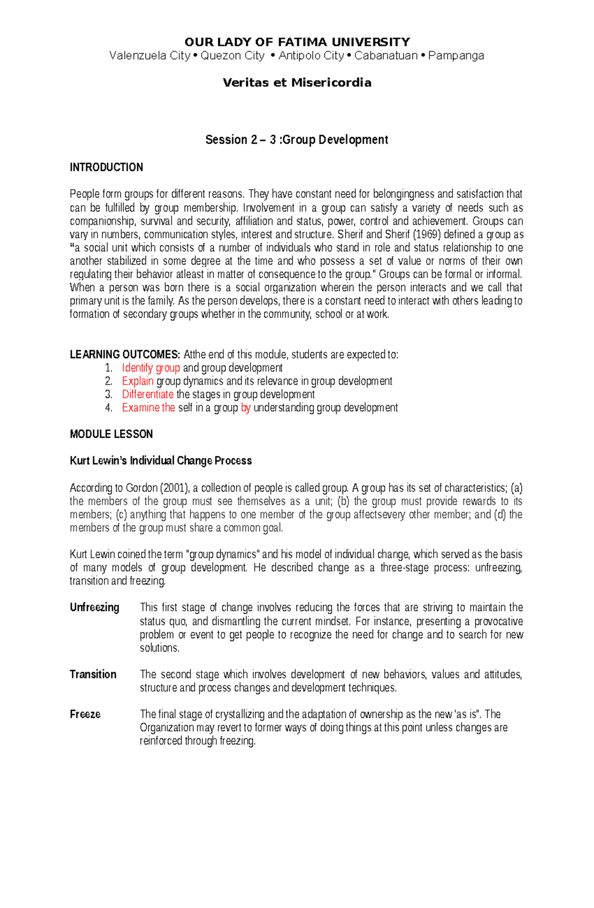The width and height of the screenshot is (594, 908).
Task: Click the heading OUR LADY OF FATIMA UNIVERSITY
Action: [x=297, y=42]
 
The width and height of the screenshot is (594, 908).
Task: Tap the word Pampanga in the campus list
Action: [x=456, y=56]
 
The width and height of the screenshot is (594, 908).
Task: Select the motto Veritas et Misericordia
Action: [x=297, y=83]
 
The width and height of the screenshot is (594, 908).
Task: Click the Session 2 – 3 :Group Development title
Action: [x=297, y=140]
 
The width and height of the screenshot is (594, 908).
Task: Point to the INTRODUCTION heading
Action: [x=106, y=167]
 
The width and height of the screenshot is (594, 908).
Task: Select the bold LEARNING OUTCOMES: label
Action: [x=125, y=355]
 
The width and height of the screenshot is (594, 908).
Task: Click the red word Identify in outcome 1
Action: [x=137, y=368]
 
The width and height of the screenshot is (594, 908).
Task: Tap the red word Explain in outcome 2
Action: [x=138, y=382]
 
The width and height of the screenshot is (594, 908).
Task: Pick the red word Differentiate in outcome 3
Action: [x=148, y=395]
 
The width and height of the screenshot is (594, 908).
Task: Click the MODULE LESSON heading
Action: [x=111, y=434]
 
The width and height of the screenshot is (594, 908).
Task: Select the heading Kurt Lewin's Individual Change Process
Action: [x=160, y=461]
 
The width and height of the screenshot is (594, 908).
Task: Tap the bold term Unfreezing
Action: [x=94, y=608]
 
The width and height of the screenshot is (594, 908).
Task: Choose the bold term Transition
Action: [x=93, y=675]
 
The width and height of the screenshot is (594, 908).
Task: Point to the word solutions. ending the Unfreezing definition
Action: [x=159, y=648]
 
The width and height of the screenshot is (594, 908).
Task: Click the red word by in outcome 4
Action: [x=246, y=408]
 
